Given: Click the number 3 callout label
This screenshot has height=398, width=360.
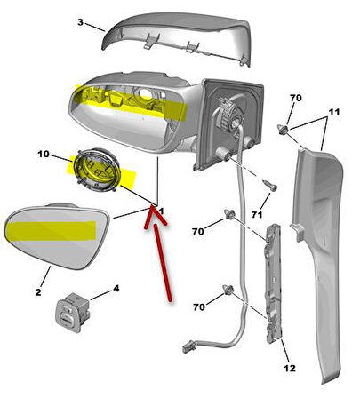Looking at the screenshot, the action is click(80, 22).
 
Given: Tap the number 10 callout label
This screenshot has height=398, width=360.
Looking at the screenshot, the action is click(44, 155).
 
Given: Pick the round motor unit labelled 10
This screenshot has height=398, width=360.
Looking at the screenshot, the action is click(97, 170).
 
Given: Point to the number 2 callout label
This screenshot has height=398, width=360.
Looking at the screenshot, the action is click(38, 292).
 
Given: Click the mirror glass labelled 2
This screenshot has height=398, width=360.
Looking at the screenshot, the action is click(57, 236).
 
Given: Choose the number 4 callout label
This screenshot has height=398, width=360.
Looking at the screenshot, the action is click(116, 288).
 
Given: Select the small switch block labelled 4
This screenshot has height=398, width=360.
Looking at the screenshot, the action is click(73, 312).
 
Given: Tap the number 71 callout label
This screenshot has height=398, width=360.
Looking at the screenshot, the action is click(257, 214).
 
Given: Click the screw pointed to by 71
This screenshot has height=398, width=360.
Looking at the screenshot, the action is click(270, 186).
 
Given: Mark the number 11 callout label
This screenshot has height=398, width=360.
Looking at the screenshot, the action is click(334, 112).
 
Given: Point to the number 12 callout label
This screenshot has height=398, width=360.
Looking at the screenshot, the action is click(290, 368).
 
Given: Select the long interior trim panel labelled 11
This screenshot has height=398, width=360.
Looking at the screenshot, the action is click(318, 260).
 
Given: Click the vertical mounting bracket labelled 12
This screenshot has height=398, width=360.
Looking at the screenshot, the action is click(273, 283).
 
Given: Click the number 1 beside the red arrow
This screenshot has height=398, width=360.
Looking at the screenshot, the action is click(162, 211).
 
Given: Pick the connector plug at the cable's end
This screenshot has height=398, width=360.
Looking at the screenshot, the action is click(188, 346).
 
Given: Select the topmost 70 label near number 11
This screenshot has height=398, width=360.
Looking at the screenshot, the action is click(295, 98).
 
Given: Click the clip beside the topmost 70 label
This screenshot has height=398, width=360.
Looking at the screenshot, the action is click(284, 129).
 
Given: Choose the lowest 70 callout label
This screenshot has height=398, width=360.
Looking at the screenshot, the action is click(199, 307).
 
